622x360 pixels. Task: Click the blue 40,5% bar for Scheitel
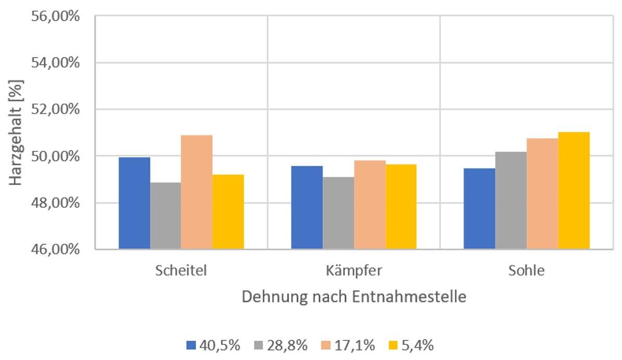[134, 203]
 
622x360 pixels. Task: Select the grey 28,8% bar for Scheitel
[165, 216]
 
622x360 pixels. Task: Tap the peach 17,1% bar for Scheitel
[197, 192]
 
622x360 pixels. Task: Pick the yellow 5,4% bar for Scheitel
[228, 212]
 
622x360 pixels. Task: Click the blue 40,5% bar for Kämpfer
[307, 208]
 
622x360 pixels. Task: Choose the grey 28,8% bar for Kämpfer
[338, 213]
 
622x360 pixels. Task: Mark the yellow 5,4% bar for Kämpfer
[400, 207]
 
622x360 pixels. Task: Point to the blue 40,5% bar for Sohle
[479, 209]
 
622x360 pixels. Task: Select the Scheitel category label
[181, 271]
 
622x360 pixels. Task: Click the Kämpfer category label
[354, 271]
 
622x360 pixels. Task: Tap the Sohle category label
[526, 271]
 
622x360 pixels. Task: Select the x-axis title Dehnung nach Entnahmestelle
[354, 298]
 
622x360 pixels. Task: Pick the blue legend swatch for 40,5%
[191, 345]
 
